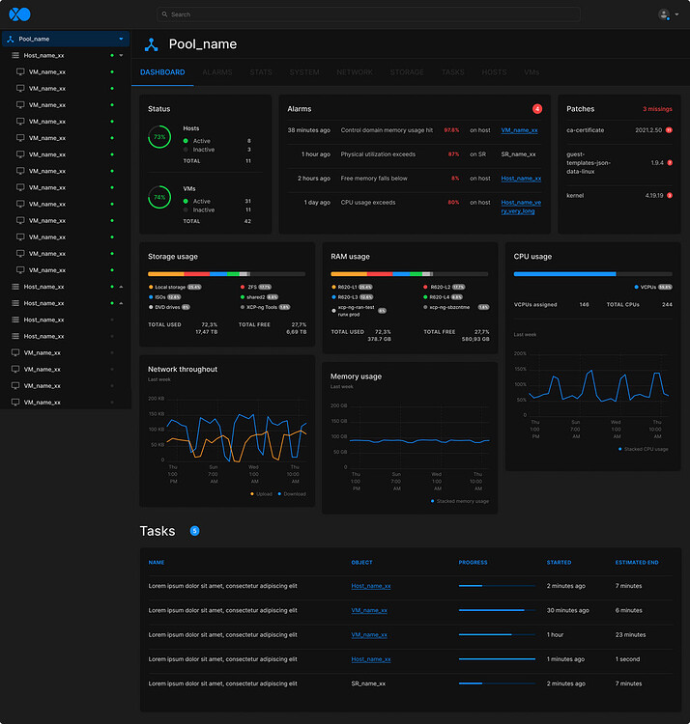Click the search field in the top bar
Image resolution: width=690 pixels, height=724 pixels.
point(367,14)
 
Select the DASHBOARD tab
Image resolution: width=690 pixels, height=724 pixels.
point(162,72)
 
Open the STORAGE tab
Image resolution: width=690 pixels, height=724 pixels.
point(407,72)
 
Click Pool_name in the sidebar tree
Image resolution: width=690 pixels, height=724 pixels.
point(34,39)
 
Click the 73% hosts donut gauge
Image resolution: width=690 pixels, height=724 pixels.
point(158,138)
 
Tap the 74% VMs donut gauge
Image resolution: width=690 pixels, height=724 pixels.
point(158,198)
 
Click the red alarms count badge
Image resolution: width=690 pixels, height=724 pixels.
point(537,109)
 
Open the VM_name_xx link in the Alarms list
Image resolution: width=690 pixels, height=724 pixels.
point(519,129)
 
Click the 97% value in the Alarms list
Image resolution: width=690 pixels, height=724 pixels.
point(451,129)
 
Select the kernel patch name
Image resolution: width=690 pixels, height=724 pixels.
point(575,195)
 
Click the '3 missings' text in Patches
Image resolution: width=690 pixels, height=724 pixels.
point(657,109)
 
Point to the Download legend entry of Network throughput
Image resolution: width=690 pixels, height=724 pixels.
point(294,494)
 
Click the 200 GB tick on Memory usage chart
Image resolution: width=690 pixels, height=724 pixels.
point(338,405)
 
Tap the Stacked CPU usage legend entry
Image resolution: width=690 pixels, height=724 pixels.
point(646,449)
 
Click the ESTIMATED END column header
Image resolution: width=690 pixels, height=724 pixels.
point(637,562)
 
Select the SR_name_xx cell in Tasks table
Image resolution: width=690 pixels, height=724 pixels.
point(368,683)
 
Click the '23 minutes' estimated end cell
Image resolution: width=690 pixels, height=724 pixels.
point(630,635)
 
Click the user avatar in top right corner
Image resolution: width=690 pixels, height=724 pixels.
point(664,14)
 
